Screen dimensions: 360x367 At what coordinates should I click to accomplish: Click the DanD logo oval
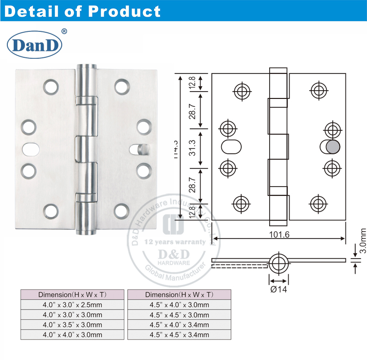coord(34,45)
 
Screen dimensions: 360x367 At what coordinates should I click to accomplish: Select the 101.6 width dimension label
coord(279,235)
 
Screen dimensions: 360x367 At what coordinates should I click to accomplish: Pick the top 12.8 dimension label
coord(193,82)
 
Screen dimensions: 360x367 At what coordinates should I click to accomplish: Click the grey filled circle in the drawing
coord(333,147)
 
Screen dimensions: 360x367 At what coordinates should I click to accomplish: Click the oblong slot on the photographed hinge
coord(30,147)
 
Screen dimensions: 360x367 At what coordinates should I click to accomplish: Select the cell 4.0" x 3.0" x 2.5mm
coord(72,305)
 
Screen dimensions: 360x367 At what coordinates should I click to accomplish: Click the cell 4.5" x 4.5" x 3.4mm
coord(179,335)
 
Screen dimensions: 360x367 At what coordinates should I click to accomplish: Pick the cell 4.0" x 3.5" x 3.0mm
coord(72,325)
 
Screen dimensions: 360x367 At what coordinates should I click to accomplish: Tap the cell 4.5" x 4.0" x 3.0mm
coord(179,305)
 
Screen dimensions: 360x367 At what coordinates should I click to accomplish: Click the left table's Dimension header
coord(72,294)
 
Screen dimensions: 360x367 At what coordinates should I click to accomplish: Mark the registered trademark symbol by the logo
coord(64,31)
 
